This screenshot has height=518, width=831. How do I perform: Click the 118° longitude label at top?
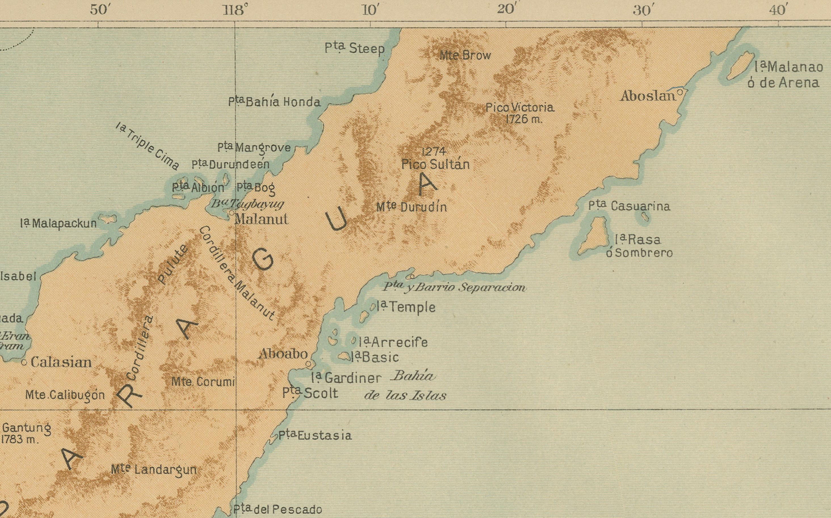click(235, 10)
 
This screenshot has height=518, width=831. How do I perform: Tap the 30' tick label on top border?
click(641, 10)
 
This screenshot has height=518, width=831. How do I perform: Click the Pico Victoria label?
click(520, 108)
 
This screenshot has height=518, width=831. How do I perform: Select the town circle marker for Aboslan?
click(680, 92)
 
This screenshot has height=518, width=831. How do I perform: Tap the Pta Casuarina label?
click(629, 206)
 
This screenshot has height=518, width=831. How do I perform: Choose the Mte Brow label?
click(465, 55)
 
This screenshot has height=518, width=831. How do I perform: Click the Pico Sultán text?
click(435, 165)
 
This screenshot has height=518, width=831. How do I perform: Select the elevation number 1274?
click(434, 151)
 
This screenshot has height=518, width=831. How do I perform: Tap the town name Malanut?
click(261, 219)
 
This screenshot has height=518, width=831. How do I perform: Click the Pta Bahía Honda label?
click(274, 102)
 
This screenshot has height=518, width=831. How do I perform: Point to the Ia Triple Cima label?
click(147, 147)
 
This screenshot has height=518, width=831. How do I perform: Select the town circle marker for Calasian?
click(24, 362)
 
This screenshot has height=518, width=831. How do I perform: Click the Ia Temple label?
click(406, 307)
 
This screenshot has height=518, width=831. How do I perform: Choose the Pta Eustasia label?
click(315, 435)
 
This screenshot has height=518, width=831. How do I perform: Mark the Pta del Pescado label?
click(277, 509)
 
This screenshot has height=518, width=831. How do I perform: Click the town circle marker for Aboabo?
click(308, 364)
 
